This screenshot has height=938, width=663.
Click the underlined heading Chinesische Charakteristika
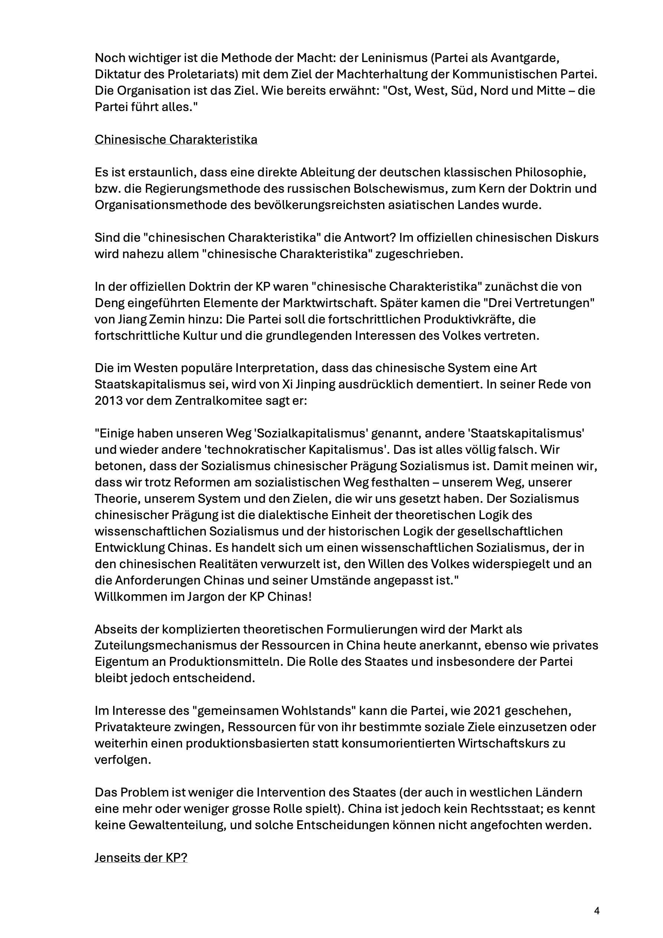coord(176,140)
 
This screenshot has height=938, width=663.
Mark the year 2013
coord(108,401)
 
